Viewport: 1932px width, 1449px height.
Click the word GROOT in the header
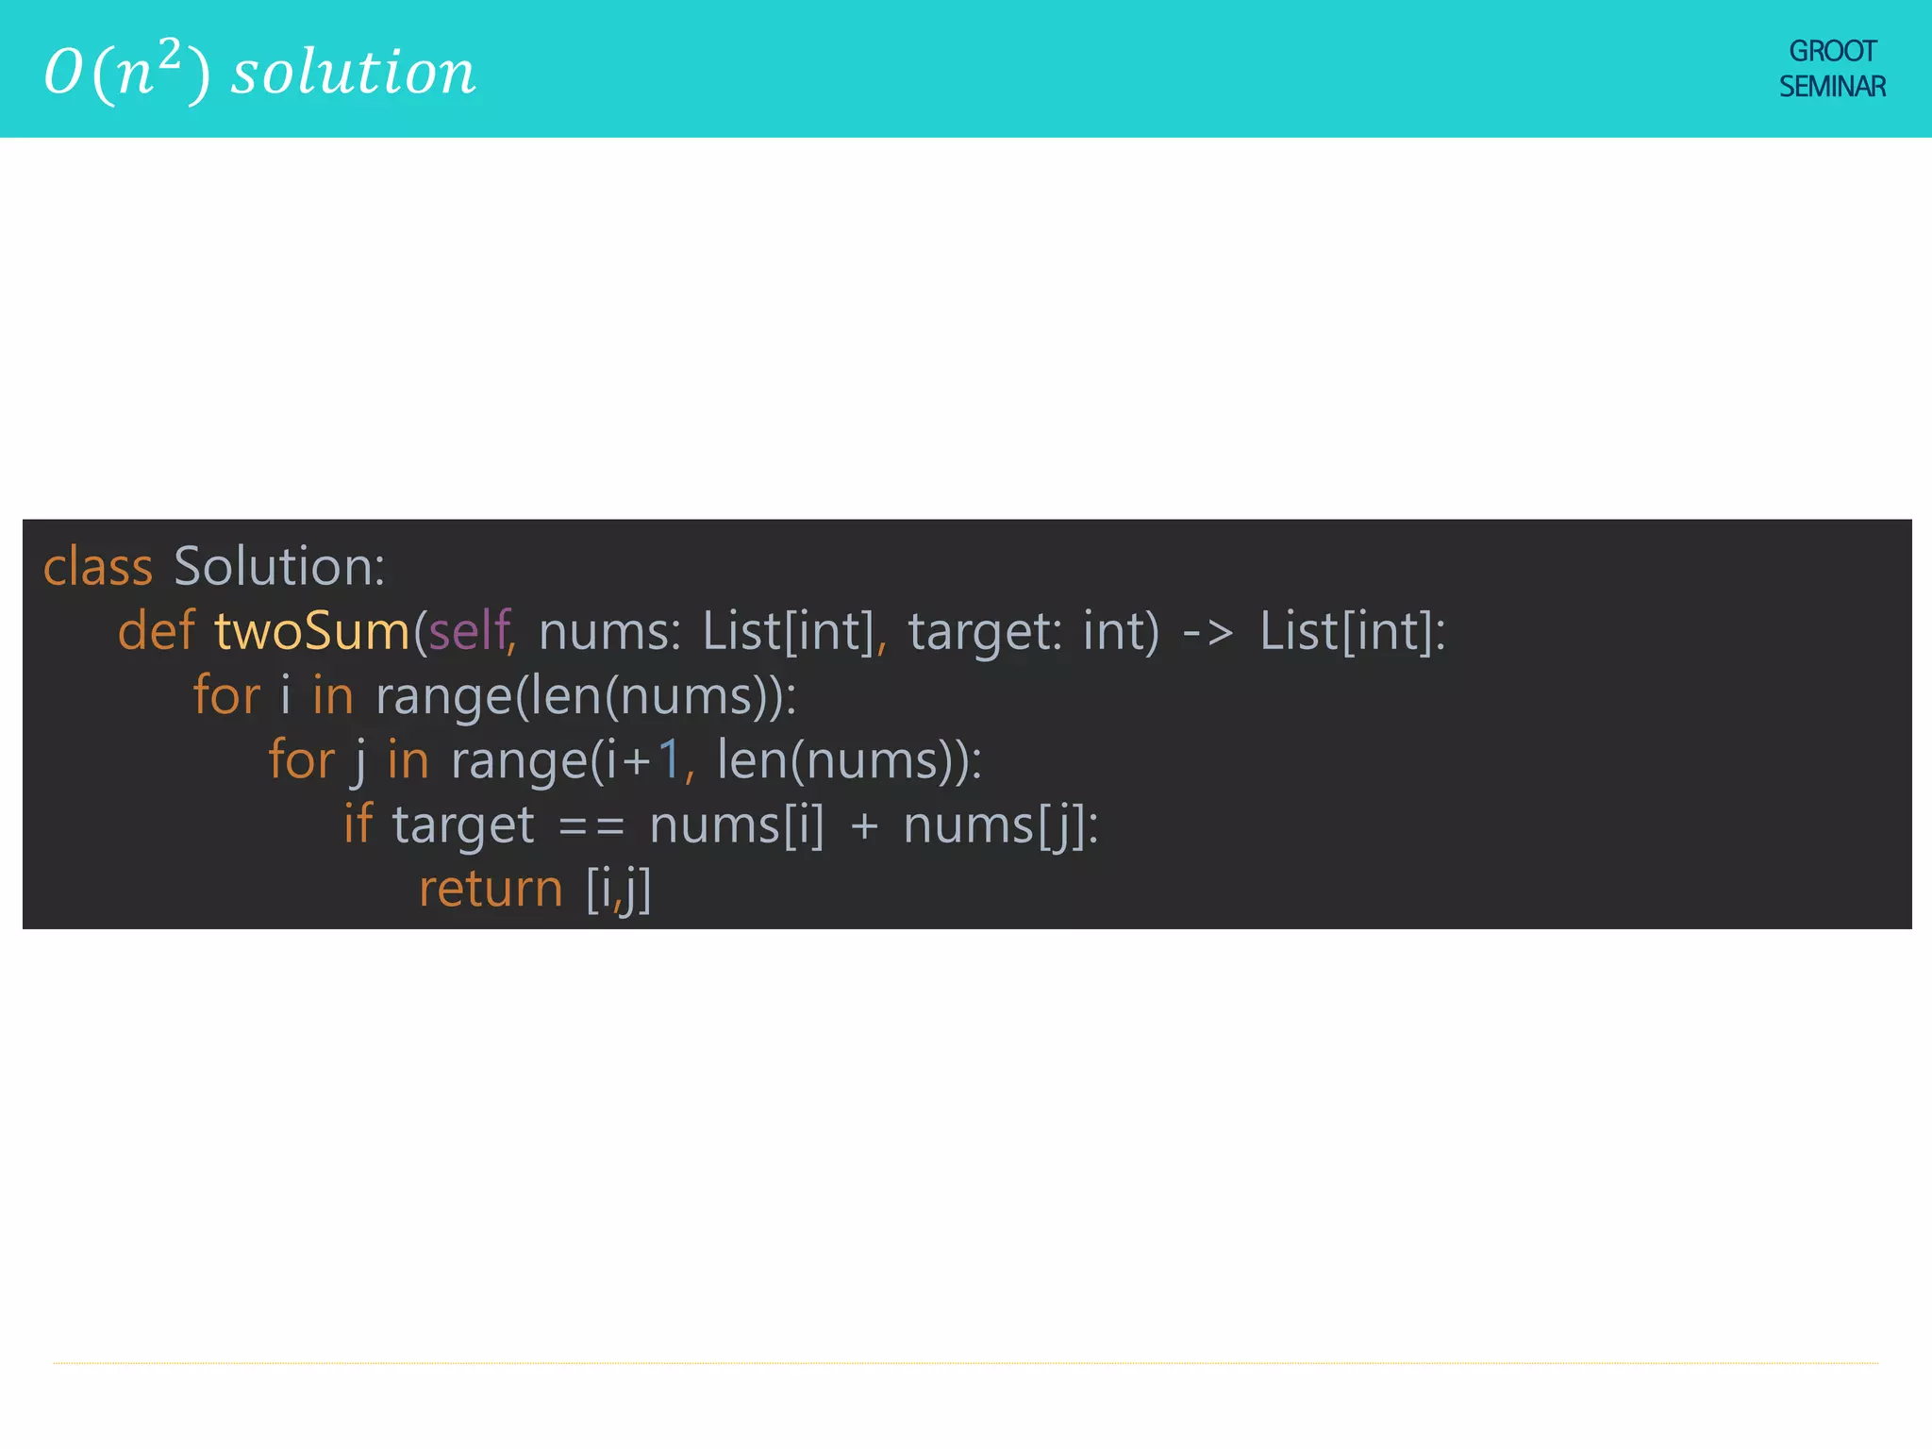pyautogui.click(x=1832, y=51)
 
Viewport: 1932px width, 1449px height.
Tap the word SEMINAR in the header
pyautogui.click(x=1832, y=87)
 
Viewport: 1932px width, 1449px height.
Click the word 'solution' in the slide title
pyautogui.click(x=354, y=73)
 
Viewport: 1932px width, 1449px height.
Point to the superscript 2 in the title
pyautogui.click(x=169, y=55)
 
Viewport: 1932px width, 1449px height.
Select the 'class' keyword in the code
pyautogui.click(x=98, y=567)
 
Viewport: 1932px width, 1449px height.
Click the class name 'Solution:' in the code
pyautogui.click(x=279, y=567)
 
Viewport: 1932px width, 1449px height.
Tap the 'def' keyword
pyautogui.click(x=156, y=631)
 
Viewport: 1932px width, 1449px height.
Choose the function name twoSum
pyautogui.click(x=312, y=631)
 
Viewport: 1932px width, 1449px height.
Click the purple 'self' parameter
pyautogui.click(x=469, y=631)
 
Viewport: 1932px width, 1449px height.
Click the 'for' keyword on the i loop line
pyautogui.click(x=226, y=696)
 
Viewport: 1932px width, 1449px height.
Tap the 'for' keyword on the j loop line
pyautogui.click(x=302, y=760)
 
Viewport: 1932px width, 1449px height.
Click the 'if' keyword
pyautogui.click(x=358, y=824)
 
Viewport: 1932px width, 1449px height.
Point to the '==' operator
pyautogui.click(x=591, y=826)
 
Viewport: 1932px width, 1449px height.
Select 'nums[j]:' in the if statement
pyautogui.click(x=1001, y=826)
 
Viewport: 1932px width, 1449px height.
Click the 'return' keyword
pyautogui.click(x=491, y=890)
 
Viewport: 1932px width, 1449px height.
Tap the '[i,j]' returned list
pyautogui.click(x=619, y=890)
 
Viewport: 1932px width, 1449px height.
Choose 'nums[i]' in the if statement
pyautogui.click(x=737, y=826)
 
